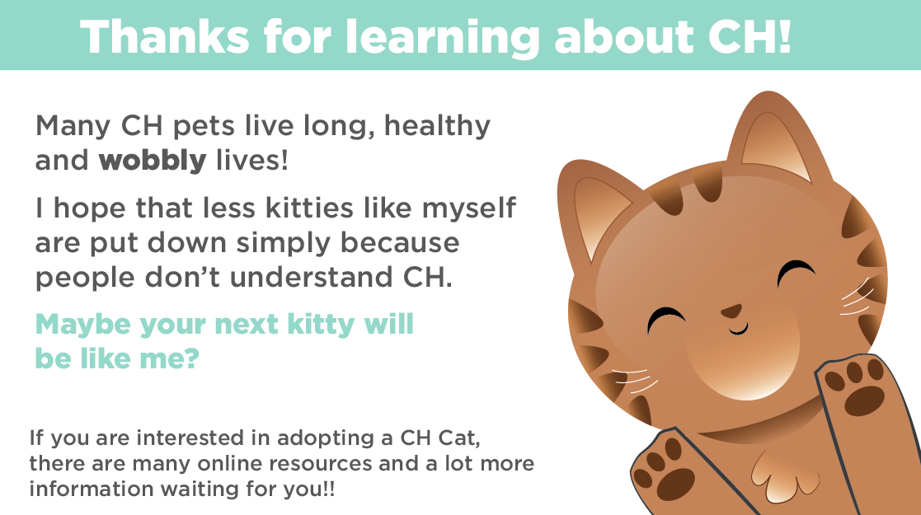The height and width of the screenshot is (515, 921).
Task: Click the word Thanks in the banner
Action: pyautogui.click(x=164, y=37)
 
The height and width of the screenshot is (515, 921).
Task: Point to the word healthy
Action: pyautogui.click(x=437, y=127)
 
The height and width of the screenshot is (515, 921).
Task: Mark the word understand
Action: pyautogui.click(x=310, y=277)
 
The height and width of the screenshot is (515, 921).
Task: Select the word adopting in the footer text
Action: pyautogui.click(x=328, y=439)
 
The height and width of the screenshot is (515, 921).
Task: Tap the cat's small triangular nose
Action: pyautogui.click(x=731, y=311)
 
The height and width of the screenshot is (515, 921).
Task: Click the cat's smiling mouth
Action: pyautogui.click(x=738, y=330)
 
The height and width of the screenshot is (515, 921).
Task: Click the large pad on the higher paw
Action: pyautogui.click(x=864, y=400)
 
